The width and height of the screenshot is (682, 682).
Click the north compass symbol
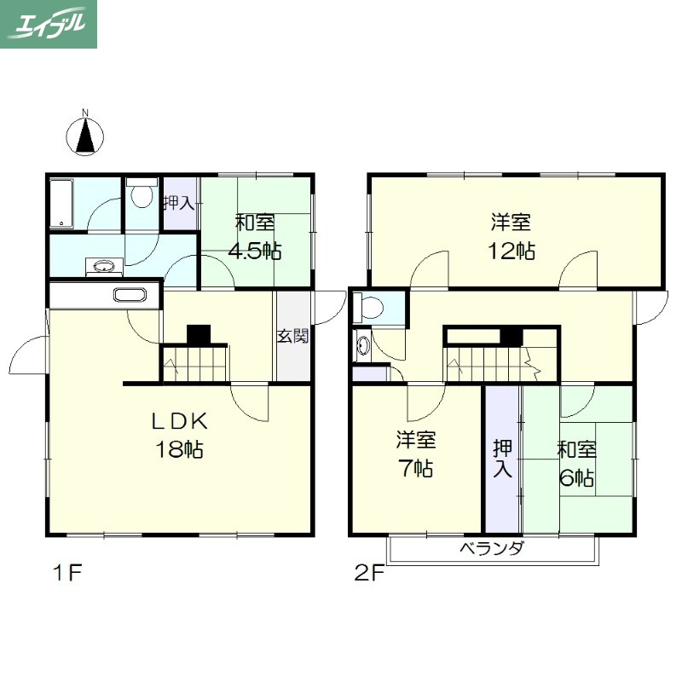(84, 133)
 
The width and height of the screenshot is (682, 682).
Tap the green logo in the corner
(49, 24)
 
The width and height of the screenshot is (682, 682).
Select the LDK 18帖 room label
(179, 435)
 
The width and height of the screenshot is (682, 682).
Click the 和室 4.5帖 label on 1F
(255, 236)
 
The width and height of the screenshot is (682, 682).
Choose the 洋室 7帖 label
(416, 454)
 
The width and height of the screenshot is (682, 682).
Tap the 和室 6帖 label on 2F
(577, 464)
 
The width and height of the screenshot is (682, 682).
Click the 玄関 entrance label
(293, 335)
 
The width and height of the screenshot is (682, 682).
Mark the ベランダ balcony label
(492, 548)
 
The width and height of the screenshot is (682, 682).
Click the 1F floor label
(67, 572)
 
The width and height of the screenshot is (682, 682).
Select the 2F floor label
(369, 572)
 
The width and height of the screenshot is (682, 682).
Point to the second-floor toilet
(369, 308)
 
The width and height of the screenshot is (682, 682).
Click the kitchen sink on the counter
(130, 295)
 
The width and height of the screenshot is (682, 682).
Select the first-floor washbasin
(104, 267)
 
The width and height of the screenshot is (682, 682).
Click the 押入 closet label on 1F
(179, 203)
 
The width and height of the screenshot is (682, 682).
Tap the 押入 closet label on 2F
(502, 459)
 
